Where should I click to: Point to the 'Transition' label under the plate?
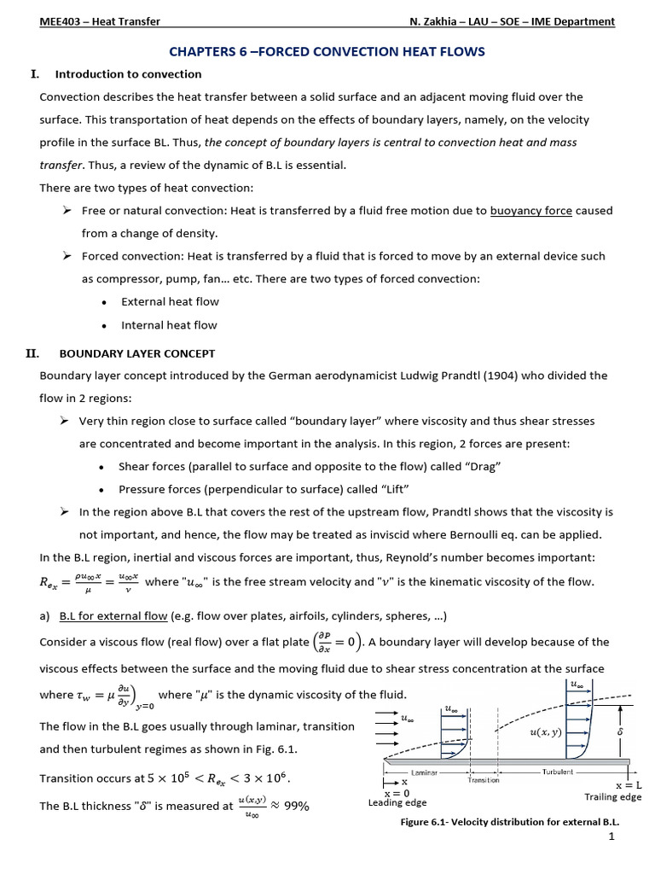[x=484, y=779]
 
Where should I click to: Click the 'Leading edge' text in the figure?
[x=397, y=802]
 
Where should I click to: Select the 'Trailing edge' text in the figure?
[x=612, y=797]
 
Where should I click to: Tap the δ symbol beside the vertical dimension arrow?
[x=632, y=731]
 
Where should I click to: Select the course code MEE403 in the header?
[x=60, y=21]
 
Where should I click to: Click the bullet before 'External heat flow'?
[x=103, y=302]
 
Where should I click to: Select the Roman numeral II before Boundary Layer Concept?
[x=35, y=353]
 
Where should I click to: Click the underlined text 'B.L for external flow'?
[x=113, y=616]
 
